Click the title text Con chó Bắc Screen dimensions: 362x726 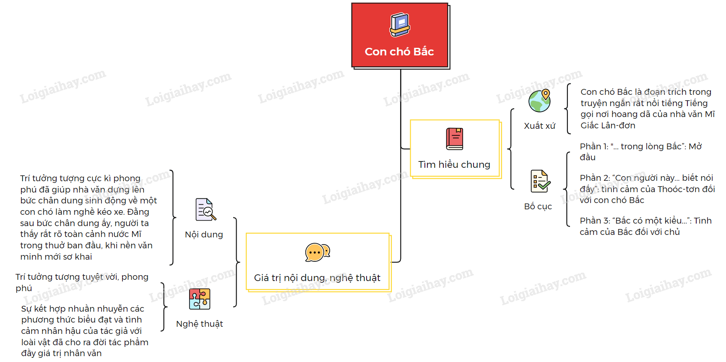click(399, 52)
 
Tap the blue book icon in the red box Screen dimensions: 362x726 click(400, 25)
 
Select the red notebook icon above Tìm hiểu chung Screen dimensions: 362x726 click(454, 139)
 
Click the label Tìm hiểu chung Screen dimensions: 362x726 click(454, 164)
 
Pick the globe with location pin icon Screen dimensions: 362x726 click(539, 101)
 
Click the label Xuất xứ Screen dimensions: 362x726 click(539, 126)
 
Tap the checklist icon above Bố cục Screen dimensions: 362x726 click(540, 181)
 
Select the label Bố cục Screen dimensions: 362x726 click(538, 206)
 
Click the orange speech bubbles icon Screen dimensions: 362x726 click(317, 253)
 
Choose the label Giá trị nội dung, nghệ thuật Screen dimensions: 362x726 click(317, 278)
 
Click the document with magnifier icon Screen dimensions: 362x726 click(206, 210)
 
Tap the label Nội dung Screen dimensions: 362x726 click(204, 234)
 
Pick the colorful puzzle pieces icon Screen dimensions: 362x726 click(200, 299)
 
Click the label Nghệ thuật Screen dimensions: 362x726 click(199, 324)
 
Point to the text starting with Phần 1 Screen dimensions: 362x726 click(640, 151)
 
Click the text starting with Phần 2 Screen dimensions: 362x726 click(647, 189)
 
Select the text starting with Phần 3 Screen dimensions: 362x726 click(645, 226)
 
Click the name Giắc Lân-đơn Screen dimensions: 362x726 click(608, 125)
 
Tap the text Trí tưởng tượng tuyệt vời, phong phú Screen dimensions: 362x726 click(82, 282)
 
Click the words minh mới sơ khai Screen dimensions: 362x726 click(56, 257)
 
